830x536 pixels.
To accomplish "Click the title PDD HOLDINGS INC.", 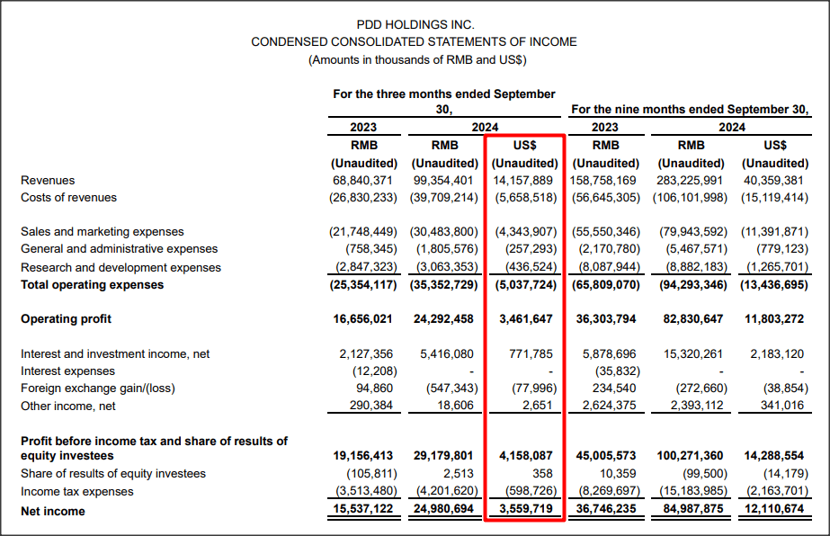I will point(415,24).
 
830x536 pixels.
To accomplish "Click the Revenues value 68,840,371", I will point(363,180).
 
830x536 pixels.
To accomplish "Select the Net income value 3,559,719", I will point(526,511).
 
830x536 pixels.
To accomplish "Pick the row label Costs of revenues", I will point(68,197).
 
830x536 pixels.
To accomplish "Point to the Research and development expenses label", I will point(120,267).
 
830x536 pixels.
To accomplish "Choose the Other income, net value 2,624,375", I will point(606,406).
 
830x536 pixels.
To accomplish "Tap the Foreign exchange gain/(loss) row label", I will point(99,389).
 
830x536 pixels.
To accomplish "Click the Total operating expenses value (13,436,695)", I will point(775,285).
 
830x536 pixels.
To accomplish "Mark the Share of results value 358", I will point(545,473).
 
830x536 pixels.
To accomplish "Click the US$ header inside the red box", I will point(525,145).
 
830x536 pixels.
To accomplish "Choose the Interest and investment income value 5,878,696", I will point(606,353).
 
